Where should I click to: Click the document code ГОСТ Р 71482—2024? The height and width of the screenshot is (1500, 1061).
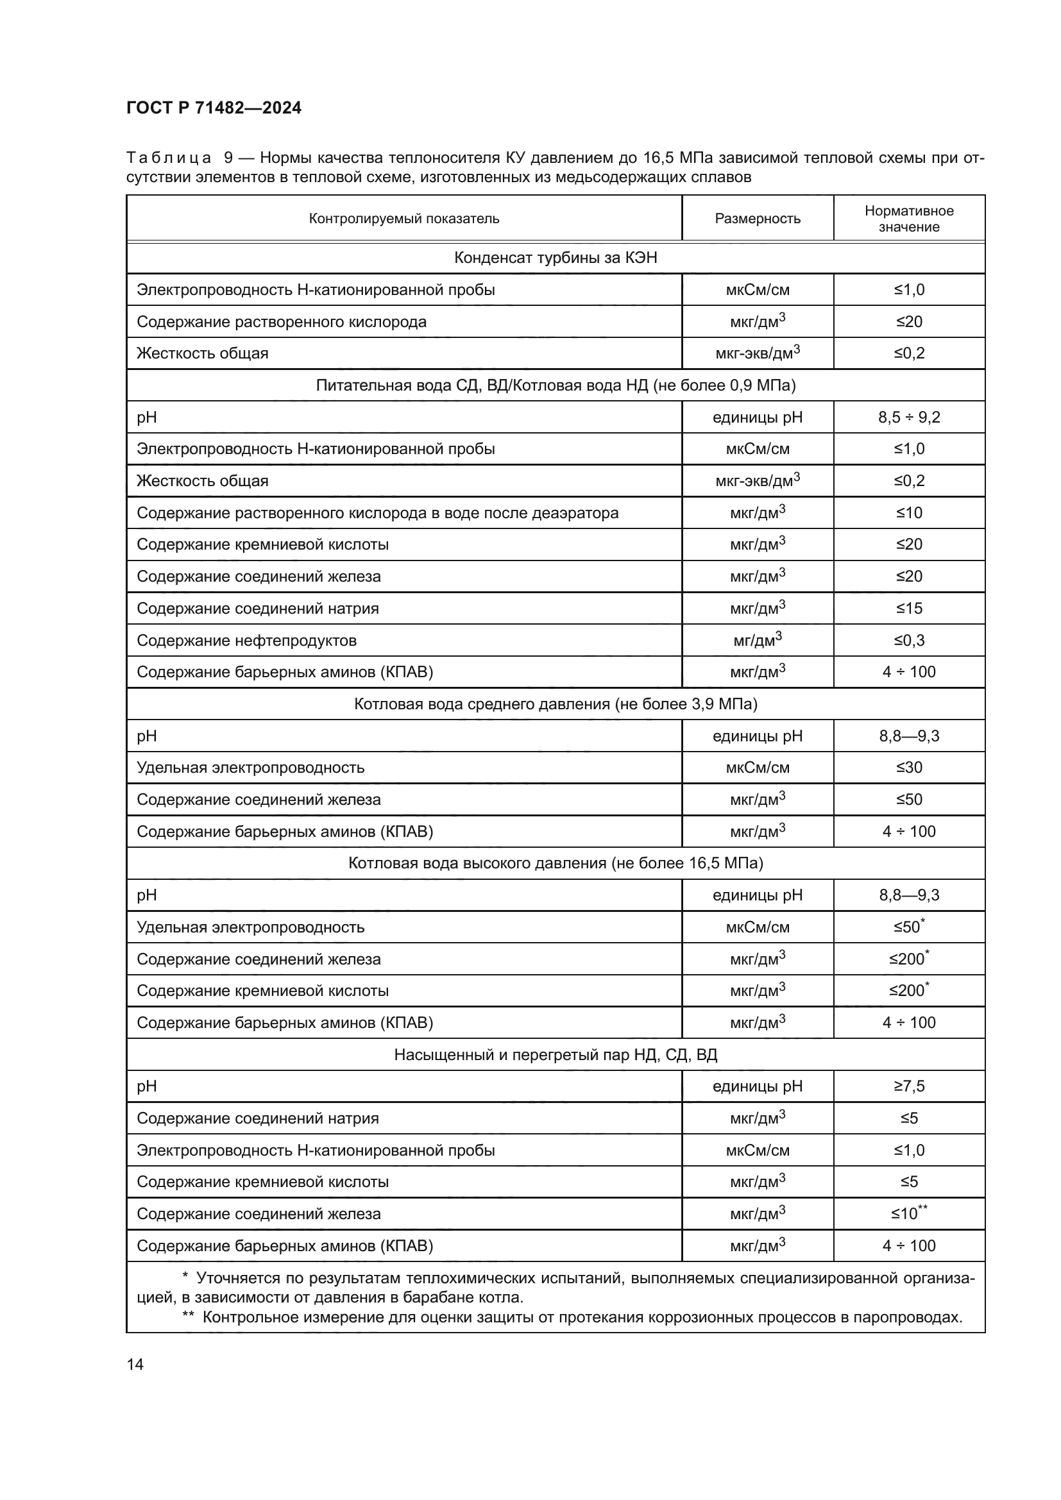tap(214, 108)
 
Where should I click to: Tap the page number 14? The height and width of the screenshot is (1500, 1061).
tap(135, 1364)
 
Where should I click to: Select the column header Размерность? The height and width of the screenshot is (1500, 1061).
tap(757, 218)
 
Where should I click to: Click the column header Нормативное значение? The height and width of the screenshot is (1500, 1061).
tap(909, 218)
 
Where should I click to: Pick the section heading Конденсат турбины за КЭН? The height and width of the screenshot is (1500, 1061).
tap(556, 257)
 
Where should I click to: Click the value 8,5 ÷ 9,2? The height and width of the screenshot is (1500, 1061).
tap(909, 417)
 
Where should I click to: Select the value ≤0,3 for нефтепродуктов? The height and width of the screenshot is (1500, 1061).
tap(909, 640)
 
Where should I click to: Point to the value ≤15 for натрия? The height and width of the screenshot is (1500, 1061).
tap(909, 608)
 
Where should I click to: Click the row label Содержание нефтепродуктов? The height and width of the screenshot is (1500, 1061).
tap(246, 640)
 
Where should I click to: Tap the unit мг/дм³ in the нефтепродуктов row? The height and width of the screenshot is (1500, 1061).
tap(757, 640)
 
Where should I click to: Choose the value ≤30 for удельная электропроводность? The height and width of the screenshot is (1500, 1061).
tap(909, 768)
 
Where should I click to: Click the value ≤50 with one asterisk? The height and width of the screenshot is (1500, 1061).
tap(909, 927)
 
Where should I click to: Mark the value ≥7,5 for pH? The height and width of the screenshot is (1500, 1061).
tap(909, 1086)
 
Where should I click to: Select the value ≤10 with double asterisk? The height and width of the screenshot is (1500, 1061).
tap(909, 1214)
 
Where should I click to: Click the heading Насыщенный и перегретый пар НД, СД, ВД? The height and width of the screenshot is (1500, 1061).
tap(556, 1054)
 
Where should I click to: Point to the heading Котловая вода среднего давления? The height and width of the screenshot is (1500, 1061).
tap(556, 704)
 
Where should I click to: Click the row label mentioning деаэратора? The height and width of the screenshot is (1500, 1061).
tap(377, 513)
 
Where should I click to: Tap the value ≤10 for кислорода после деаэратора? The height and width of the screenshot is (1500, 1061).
tap(909, 513)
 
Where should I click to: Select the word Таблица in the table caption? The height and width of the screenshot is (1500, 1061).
tap(169, 158)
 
